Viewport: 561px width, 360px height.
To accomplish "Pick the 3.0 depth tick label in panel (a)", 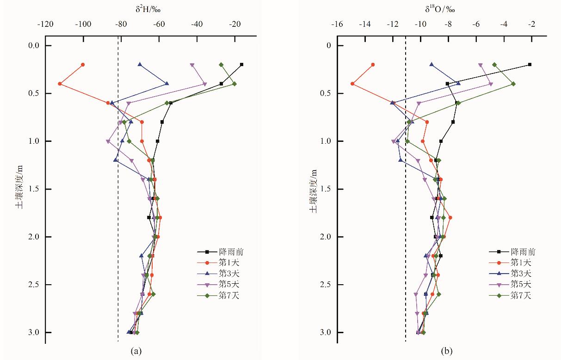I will pos(33,333).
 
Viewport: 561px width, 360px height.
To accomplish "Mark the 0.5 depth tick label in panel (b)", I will pos(325,93).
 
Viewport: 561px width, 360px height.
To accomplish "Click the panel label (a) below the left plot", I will pos(136,351).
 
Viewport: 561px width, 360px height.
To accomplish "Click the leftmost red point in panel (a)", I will pos(60,84).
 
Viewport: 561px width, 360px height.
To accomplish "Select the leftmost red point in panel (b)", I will pos(352,84).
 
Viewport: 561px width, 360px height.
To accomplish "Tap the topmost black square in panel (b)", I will pos(530,65).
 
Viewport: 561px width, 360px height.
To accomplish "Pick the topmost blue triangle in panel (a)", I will pos(140,65).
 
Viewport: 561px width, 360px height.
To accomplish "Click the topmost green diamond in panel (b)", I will pos(494,65).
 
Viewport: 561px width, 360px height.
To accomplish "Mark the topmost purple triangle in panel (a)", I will pos(192,65).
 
